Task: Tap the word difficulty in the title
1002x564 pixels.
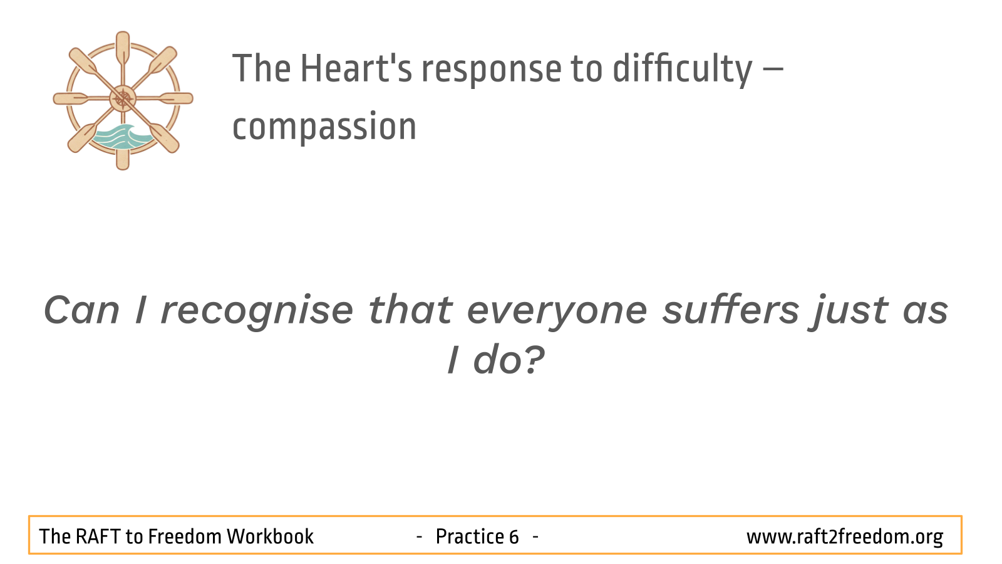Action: pos(683,70)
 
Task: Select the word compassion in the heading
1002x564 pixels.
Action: pos(324,127)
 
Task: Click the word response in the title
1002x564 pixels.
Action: pos(492,71)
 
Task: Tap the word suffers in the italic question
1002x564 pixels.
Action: pos(731,310)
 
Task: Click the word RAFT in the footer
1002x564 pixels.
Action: pos(98,536)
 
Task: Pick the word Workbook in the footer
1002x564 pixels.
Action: pos(270,536)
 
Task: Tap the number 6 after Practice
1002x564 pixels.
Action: pos(513,536)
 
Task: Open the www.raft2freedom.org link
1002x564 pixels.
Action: pos(845,537)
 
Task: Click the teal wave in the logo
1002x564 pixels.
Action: pos(121,137)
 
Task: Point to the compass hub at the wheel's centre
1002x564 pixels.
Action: pos(123,98)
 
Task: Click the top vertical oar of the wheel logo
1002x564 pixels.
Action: pos(123,50)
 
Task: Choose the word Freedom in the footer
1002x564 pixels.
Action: pos(184,536)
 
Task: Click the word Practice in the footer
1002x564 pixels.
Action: pos(470,536)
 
